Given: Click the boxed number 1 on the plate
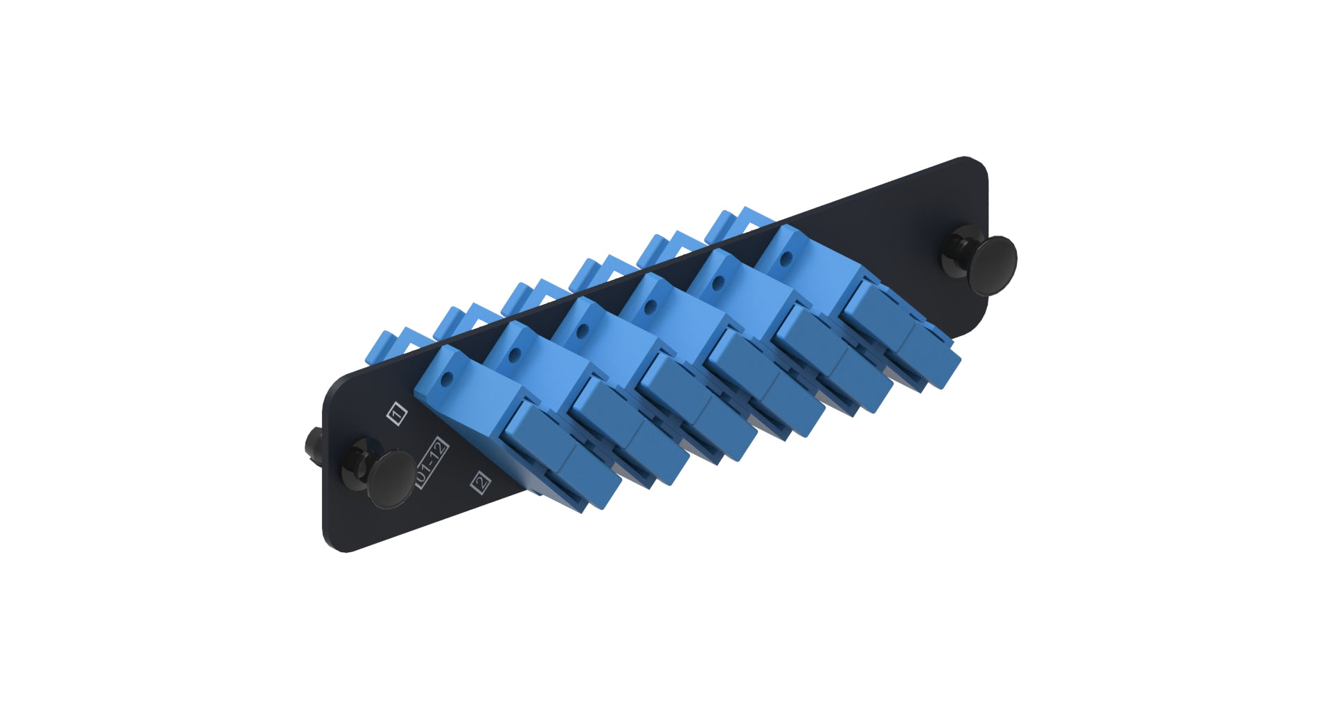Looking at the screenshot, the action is tap(397, 414).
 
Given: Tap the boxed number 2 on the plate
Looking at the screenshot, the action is tap(481, 482).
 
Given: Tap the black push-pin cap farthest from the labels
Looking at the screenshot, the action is tap(992, 265).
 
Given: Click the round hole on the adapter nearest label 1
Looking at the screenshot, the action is tap(447, 379).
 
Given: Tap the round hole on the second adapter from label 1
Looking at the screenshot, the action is tap(515, 355).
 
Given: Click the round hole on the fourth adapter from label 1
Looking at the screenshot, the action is tap(650, 307).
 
